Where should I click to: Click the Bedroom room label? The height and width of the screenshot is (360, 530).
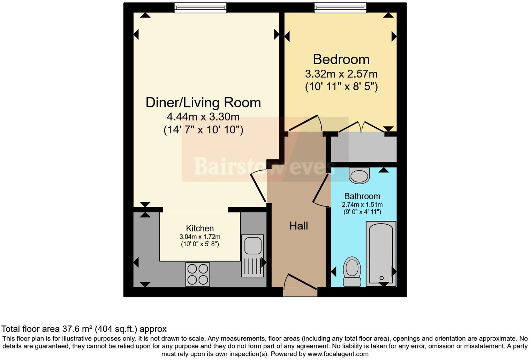point(341,59)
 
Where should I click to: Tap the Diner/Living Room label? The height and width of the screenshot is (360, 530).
point(203,103)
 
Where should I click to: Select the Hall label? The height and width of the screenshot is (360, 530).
point(298,226)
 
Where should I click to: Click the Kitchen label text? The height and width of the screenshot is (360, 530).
point(200,228)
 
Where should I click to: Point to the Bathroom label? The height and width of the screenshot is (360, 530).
point(362,196)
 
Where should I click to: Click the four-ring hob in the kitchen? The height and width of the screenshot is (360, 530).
point(198,274)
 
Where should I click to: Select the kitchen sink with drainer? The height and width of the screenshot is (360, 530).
point(252,256)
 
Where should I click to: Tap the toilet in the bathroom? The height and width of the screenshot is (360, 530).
point(352,272)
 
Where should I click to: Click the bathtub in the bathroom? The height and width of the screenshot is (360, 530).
point(381,254)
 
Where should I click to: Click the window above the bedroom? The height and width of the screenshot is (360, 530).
point(340,8)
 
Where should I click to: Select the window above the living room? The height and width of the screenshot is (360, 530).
point(200,8)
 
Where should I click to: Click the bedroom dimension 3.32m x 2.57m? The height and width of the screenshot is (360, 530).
point(341,74)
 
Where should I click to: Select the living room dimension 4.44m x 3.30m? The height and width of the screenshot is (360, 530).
point(203,117)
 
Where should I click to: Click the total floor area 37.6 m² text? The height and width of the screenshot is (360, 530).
point(84,329)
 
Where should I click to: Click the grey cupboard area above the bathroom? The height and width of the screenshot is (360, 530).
point(363,149)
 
